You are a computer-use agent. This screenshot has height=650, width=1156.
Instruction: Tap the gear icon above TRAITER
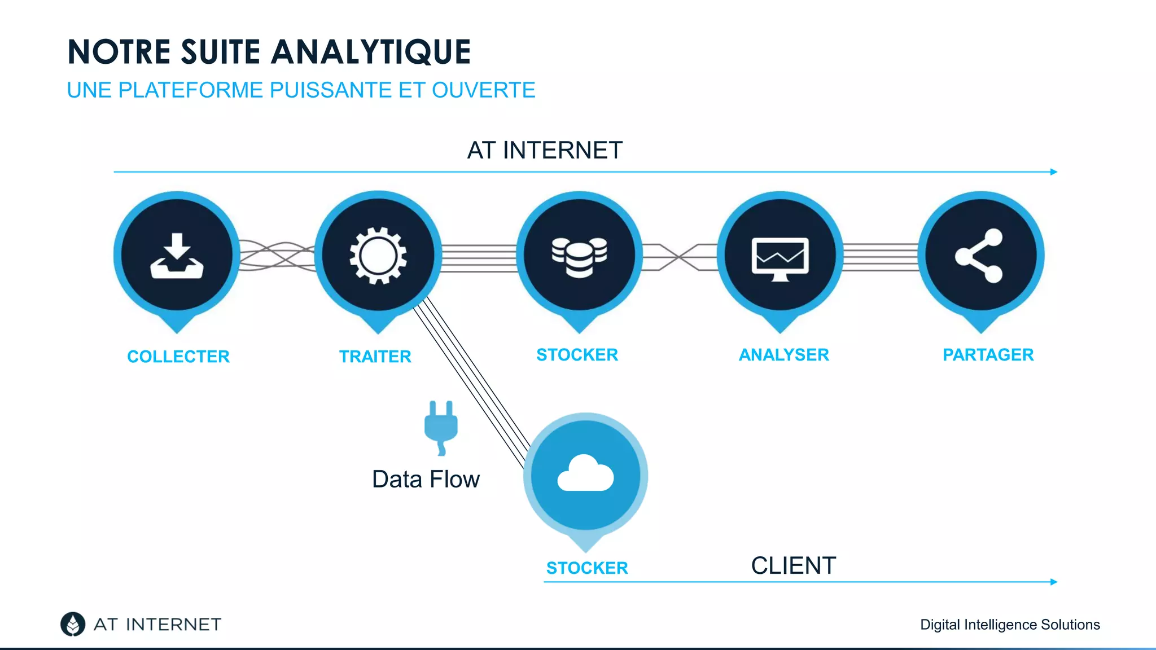pos(378,256)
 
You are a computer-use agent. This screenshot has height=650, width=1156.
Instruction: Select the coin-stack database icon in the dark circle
pos(579,257)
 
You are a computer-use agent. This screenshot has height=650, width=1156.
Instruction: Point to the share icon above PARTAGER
pos(979,256)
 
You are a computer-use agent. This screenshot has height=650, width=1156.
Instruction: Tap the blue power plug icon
pos(441,427)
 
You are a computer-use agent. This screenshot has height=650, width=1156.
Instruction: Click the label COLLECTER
pos(178,357)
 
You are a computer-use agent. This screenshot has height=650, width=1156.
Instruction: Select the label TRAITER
pos(375,357)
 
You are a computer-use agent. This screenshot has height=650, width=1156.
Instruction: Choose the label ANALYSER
pos(783,355)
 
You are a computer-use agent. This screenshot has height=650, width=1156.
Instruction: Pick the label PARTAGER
pos(988,355)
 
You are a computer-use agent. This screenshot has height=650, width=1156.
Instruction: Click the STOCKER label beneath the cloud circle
pos(587,568)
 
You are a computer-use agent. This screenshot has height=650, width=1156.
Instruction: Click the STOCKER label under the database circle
pos(577,355)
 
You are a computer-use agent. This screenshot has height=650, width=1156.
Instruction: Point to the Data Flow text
pos(426,480)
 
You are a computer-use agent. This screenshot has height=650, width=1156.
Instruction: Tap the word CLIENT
pos(793,566)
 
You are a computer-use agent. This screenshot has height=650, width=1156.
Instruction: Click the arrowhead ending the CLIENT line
pos(1053,582)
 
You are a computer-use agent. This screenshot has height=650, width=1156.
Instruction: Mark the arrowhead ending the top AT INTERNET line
pos(1053,172)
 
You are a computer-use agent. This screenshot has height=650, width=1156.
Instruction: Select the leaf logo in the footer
pos(73,624)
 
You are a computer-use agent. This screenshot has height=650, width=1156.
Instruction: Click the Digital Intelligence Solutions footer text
pos(1010,625)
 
